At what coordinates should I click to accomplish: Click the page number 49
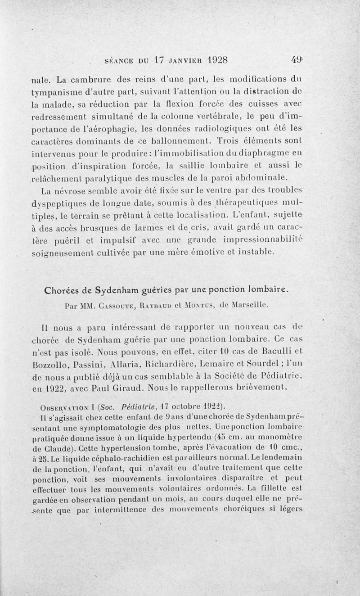pyautogui.click(x=297, y=59)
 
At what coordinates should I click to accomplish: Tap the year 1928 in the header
pyautogui.click(x=211, y=59)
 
